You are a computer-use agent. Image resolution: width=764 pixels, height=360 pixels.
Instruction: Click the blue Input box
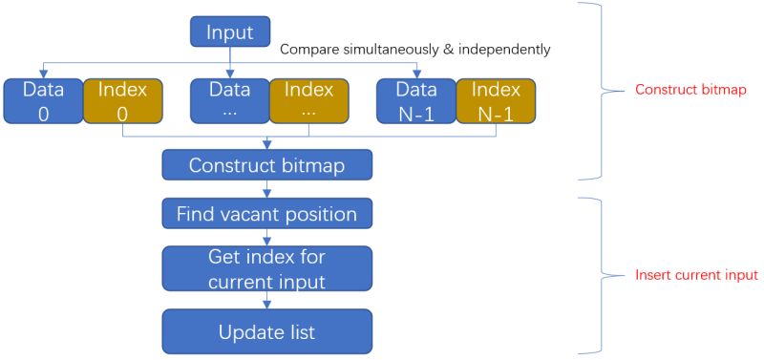(230, 33)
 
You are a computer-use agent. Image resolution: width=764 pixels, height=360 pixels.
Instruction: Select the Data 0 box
(42, 101)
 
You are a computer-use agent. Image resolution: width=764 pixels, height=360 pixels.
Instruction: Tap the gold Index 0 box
(122, 101)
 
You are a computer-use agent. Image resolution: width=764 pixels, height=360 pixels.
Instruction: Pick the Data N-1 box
(415, 101)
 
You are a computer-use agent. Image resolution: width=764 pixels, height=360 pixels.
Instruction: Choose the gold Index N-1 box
(495, 101)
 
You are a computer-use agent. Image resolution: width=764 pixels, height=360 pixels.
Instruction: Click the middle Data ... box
(230, 101)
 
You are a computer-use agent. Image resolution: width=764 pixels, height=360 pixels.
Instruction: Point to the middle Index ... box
(309, 101)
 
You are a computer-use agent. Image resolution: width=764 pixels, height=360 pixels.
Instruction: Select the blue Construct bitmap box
(266, 165)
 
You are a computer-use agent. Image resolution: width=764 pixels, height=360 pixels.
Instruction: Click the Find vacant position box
(266, 214)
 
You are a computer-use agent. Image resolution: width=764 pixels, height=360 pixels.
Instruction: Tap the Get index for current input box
(266, 269)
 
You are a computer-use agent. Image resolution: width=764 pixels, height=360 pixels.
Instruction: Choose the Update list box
(266, 332)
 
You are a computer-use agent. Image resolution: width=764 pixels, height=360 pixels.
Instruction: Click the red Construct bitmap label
(690, 90)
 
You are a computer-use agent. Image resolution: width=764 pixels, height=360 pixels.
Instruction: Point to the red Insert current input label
(696, 275)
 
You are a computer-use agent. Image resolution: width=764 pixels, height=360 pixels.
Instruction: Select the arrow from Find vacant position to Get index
(266, 238)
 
